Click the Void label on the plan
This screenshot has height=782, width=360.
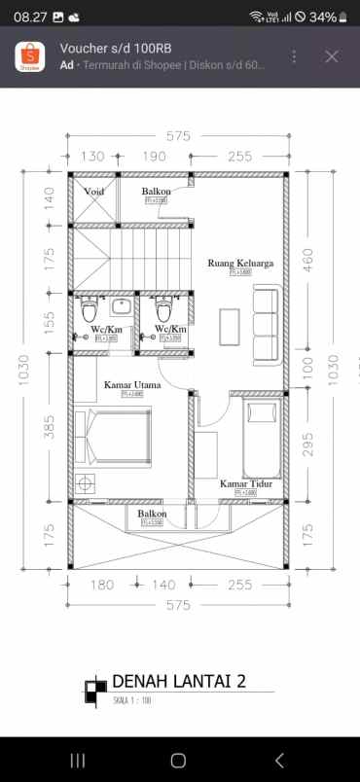[x=94, y=192]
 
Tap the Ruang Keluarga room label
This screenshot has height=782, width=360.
[x=239, y=263]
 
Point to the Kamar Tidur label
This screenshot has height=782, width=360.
[x=244, y=483]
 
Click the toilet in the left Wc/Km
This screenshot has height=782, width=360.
[x=90, y=310]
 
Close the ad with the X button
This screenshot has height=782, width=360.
[x=332, y=56]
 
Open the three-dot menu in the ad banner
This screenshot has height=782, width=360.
[x=295, y=56]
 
